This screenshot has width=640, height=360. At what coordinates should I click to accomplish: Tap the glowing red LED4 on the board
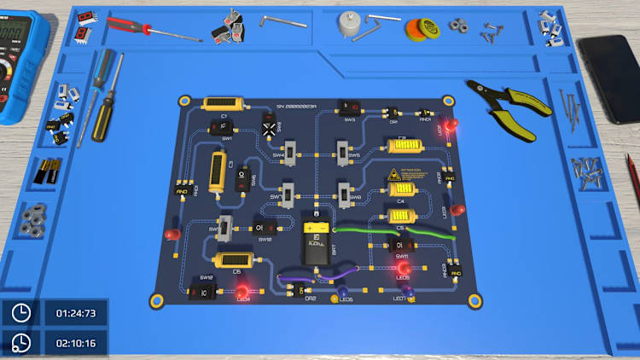point(242,291)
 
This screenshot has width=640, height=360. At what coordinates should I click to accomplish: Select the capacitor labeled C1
point(224,104)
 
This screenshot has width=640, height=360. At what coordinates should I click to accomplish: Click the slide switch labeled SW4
point(290,154)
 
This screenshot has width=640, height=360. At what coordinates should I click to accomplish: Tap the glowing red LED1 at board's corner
point(451,126)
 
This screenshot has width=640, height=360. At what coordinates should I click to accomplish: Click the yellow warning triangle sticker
point(395,176)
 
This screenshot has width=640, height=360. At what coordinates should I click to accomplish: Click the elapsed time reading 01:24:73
point(76,313)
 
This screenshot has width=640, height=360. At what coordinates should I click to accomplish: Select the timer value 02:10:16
point(76,344)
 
